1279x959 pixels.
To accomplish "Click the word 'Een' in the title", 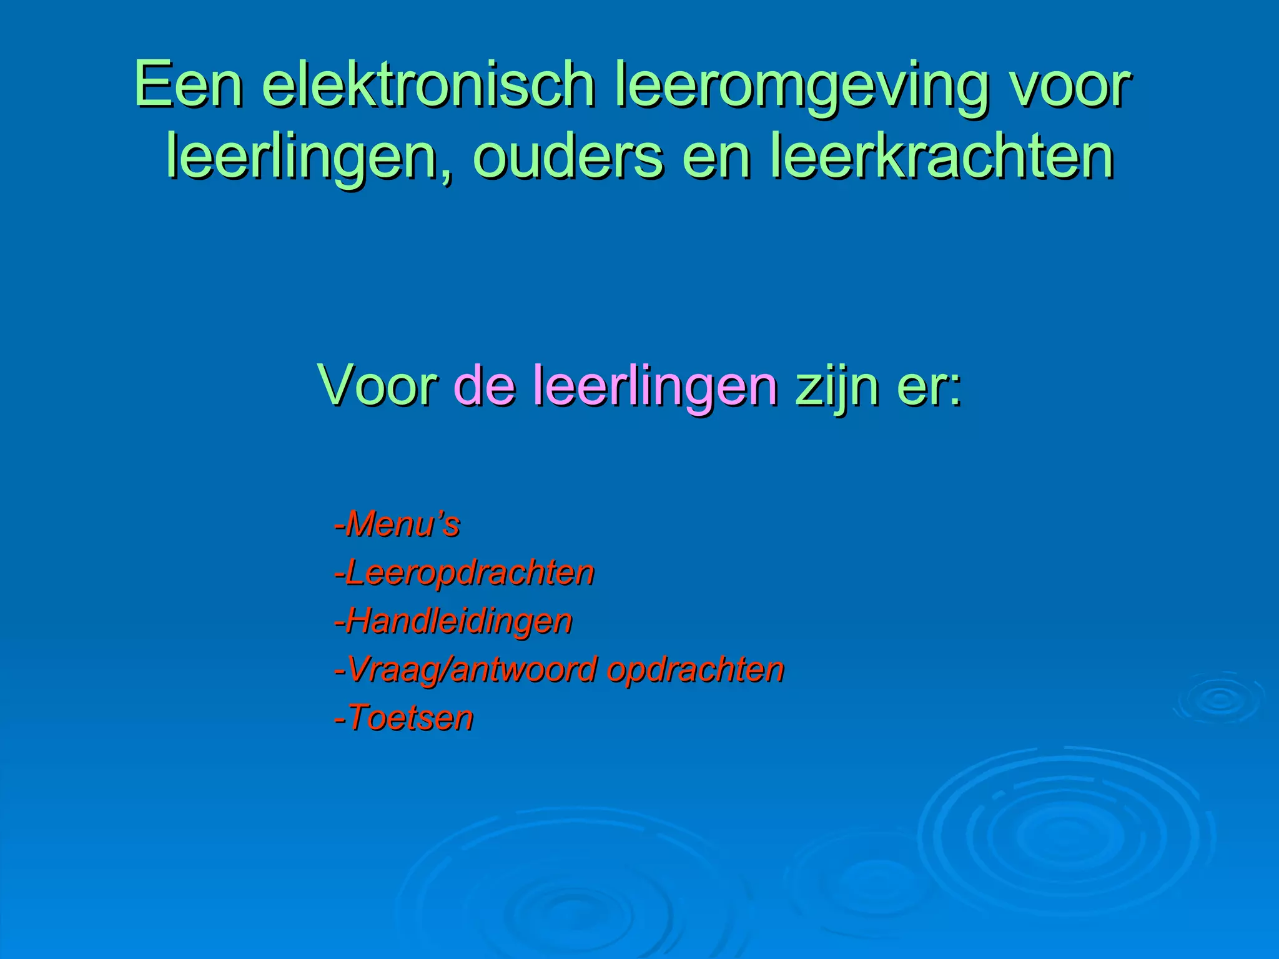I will click(x=188, y=84).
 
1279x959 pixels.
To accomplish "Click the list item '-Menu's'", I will click(x=397, y=524).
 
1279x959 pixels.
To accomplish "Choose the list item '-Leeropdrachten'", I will click(x=464, y=574).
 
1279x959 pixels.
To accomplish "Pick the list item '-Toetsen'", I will click(x=404, y=718).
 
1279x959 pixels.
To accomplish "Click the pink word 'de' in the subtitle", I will click(x=485, y=386).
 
